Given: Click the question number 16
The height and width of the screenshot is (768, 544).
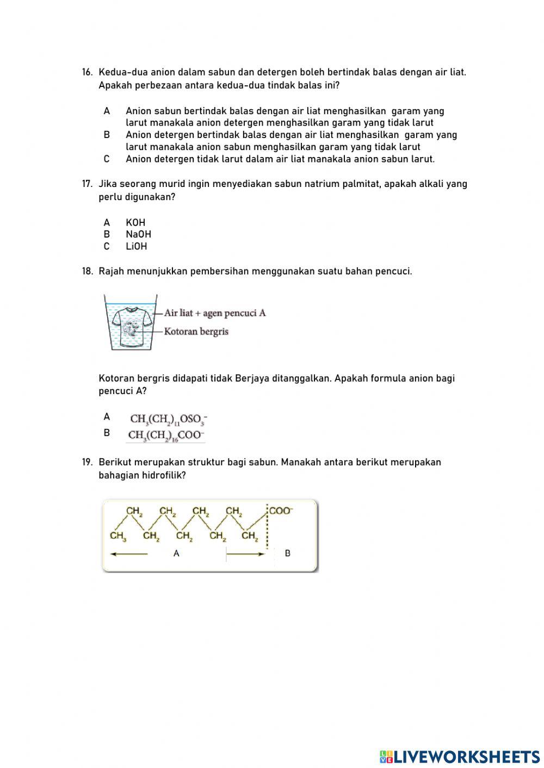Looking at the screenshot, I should click(x=87, y=72).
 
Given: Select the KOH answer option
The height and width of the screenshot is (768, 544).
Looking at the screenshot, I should click(x=135, y=222).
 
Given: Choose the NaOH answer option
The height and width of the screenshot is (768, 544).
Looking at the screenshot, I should click(x=138, y=234).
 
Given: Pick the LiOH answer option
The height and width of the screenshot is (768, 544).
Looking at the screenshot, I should click(x=136, y=246).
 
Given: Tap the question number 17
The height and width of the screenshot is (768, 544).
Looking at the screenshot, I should click(x=87, y=184).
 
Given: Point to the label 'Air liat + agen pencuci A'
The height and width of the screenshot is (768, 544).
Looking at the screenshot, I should click(x=215, y=313).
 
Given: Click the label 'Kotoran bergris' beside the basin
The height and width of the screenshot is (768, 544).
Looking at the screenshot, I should click(x=196, y=331).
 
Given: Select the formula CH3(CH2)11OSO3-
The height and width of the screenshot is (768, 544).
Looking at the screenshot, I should click(x=168, y=419).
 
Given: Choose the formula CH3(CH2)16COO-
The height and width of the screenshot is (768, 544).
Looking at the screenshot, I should click(x=166, y=435).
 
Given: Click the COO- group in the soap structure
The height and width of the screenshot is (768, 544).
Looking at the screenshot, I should click(x=281, y=511).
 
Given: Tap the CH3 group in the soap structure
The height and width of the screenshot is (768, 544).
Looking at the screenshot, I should click(x=118, y=536).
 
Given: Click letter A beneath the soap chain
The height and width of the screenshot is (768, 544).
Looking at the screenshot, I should click(x=176, y=553).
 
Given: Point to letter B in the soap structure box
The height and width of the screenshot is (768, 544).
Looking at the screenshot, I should click(x=287, y=553).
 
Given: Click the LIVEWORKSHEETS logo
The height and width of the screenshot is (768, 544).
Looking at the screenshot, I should click(x=460, y=757).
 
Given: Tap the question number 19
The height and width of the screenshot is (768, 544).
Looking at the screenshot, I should click(x=87, y=463).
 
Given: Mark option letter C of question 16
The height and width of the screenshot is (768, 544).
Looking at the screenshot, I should click(x=107, y=159).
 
